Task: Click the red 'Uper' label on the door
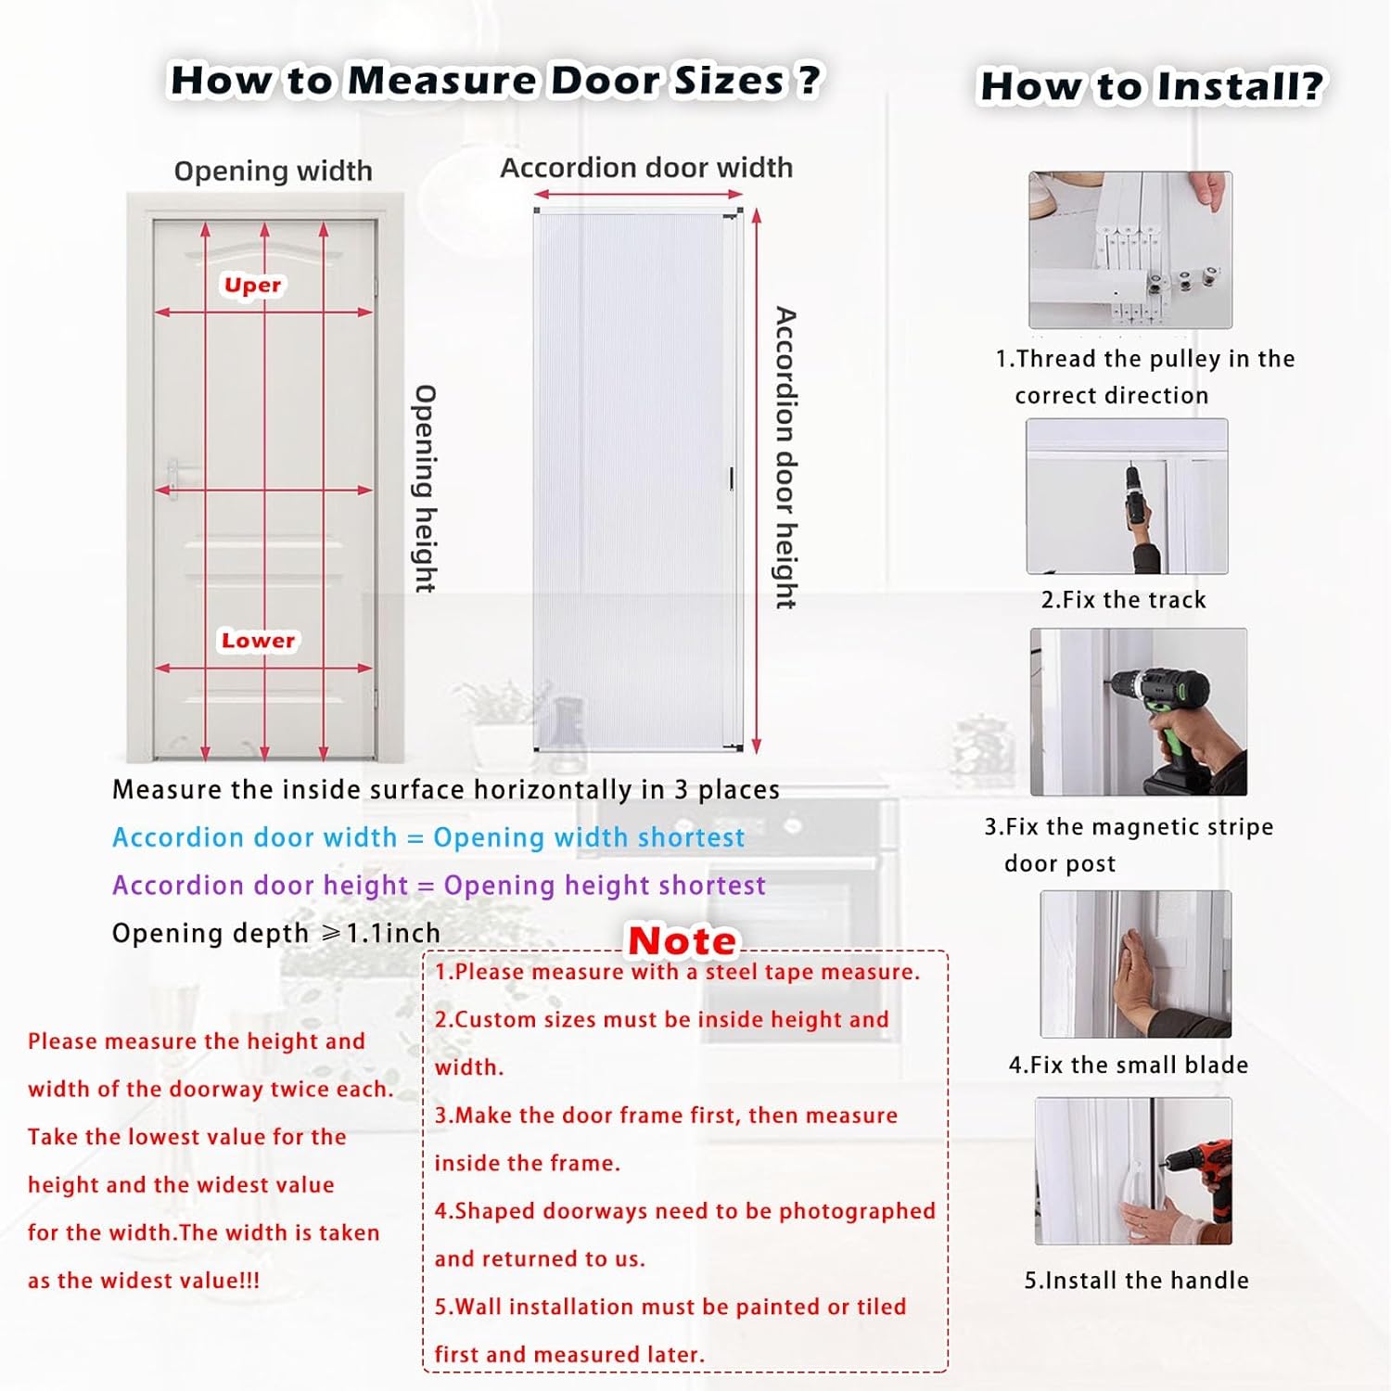click(x=252, y=285)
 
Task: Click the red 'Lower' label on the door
click(x=258, y=640)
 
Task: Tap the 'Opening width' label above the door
click(x=273, y=171)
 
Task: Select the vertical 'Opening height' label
click(x=424, y=488)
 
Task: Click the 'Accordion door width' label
click(x=646, y=168)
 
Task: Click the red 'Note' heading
click(x=682, y=940)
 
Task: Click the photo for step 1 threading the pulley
click(x=1129, y=249)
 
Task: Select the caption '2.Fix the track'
click(x=1123, y=600)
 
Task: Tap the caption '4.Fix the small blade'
click(x=1128, y=1065)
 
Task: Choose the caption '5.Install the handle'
click(x=1136, y=1281)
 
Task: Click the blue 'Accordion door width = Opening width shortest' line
click(x=428, y=837)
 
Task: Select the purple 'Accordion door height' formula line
click(x=439, y=886)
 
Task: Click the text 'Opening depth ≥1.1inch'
click(x=275, y=933)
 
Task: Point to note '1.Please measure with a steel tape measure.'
click(x=677, y=972)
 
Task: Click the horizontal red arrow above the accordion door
click(x=638, y=195)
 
